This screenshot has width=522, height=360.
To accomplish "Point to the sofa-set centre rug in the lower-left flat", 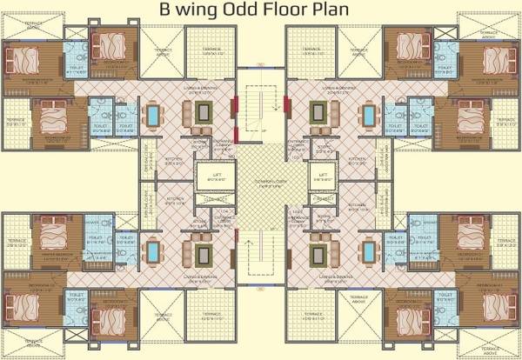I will (205, 253).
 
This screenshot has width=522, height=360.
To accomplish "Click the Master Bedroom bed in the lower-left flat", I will (54, 238).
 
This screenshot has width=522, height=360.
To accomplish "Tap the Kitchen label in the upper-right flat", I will (358, 159).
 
